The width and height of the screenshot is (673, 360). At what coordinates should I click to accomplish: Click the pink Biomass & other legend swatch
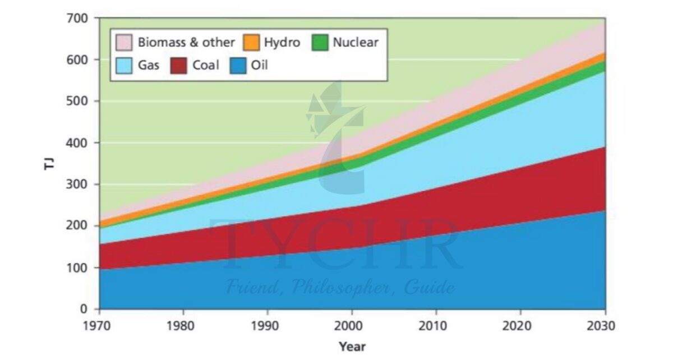[x=123, y=43]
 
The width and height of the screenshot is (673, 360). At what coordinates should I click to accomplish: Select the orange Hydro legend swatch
[x=251, y=43]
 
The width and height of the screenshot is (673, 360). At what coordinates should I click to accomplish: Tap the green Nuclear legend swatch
[x=319, y=43]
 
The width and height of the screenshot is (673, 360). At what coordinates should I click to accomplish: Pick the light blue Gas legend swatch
[x=123, y=66]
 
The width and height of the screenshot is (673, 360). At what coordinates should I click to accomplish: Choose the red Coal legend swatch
[x=180, y=66]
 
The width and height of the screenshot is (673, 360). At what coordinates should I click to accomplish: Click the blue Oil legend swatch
[x=238, y=66]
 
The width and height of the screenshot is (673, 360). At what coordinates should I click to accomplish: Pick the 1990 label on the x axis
[x=268, y=326]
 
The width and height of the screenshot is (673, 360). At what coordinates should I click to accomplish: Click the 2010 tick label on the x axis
[x=436, y=326]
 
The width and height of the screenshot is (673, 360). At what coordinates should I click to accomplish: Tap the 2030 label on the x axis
[x=605, y=326]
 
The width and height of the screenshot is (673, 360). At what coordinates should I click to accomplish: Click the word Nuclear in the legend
[x=356, y=43]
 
